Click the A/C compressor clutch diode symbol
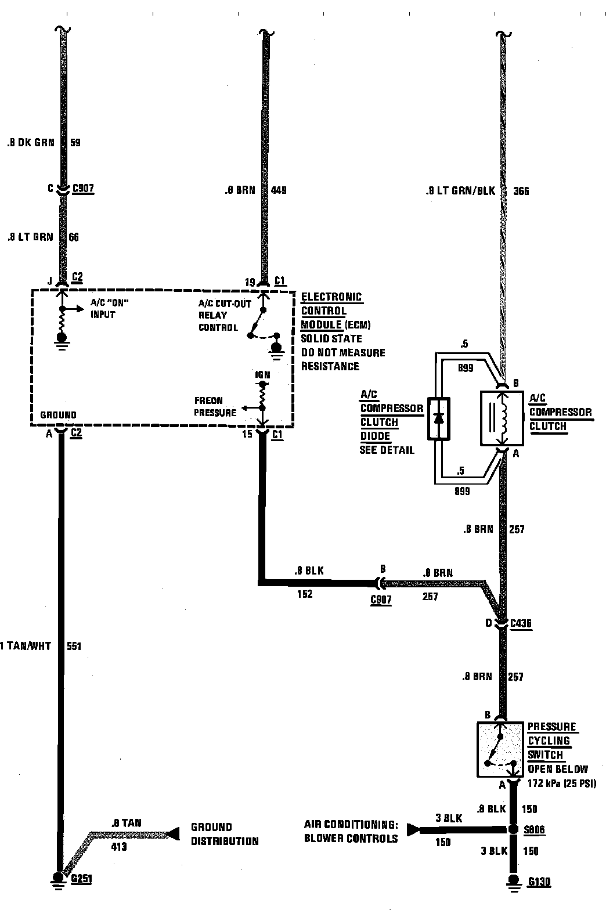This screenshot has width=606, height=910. (x=438, y=417)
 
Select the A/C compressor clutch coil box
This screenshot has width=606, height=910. (x=502, y=417)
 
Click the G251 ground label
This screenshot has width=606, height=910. (x=81, y=880)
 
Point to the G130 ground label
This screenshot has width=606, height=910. (x=539, y=882)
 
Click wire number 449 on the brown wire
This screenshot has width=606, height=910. (x=279, y=190)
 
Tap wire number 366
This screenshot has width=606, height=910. (x=521, y=191)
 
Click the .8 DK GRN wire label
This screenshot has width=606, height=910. (x=30, y=142)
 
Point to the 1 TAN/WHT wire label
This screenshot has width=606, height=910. (x=26, y=645)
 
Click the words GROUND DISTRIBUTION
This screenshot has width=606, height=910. (x=224, y=834)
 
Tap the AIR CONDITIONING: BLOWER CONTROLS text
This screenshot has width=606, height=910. (x=351, y=831)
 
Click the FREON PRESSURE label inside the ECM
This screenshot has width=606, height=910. (x=215, y=406)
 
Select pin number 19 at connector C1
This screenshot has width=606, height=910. (x=250, y=283)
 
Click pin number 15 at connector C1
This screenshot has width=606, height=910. (x=248, y=434)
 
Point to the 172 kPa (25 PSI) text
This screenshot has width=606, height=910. (x=562, y=783)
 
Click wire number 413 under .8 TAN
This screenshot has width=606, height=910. (x=118, y=847)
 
